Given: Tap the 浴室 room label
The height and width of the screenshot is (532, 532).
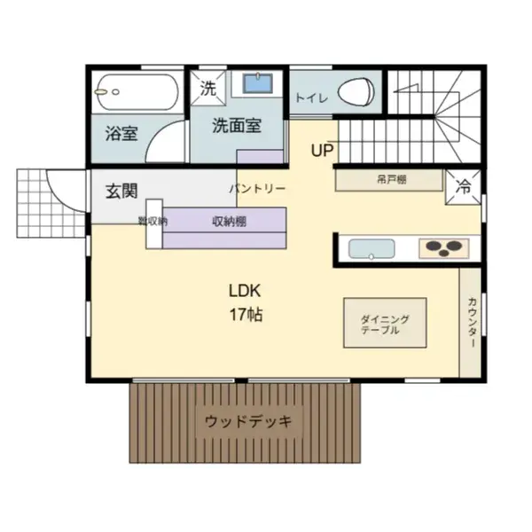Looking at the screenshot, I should point(121,134).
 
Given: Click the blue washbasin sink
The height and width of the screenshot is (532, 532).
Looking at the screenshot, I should point(257,84).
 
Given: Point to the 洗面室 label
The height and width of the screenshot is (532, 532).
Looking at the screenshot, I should point(237,126).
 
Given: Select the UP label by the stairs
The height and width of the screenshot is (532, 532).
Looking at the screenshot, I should point(322,150).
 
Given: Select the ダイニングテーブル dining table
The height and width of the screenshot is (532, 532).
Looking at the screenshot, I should point(385,324).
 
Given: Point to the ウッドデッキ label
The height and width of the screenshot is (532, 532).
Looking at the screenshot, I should point(247,420).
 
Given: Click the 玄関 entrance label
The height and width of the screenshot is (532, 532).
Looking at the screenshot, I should point(121,190).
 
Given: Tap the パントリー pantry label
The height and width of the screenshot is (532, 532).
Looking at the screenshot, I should point(257,189).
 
